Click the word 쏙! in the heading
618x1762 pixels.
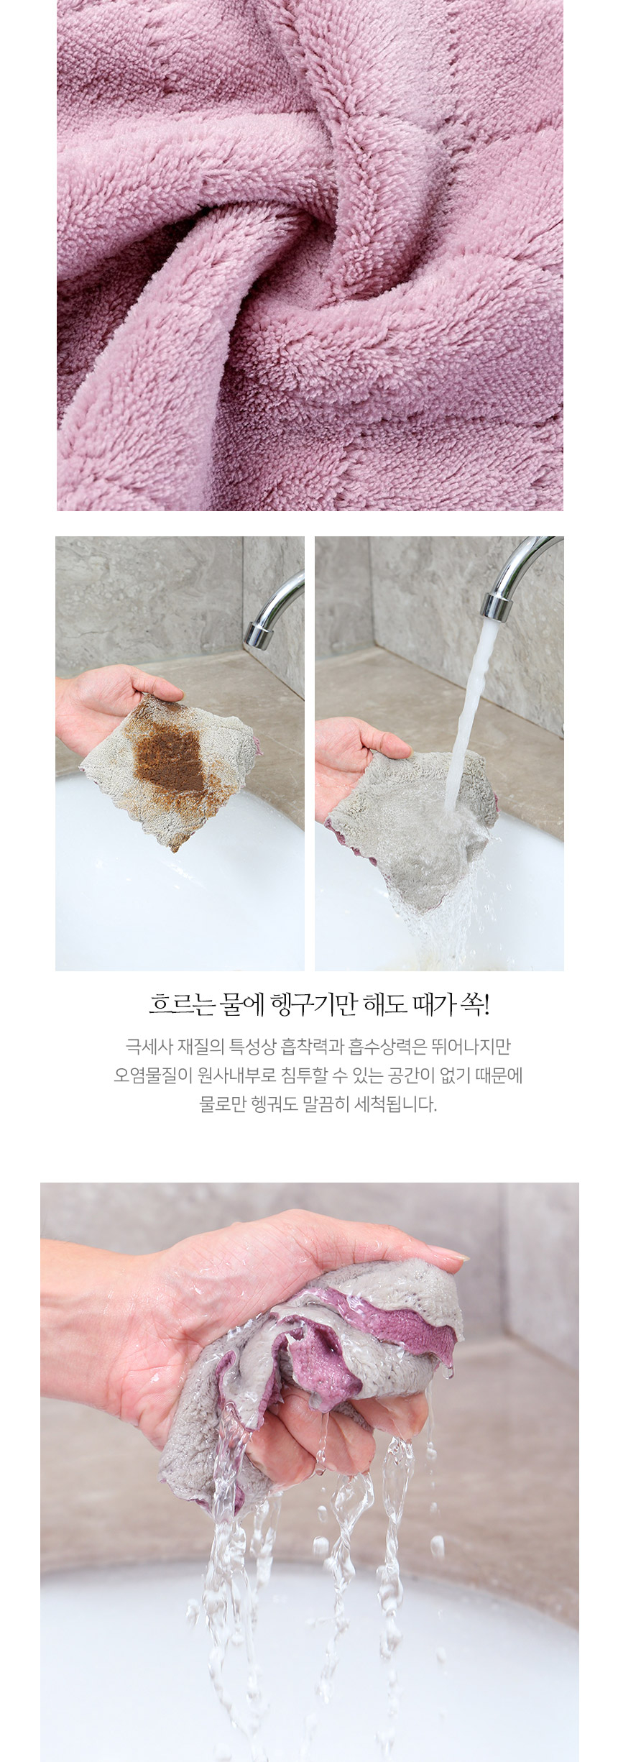(x=474, y=1004)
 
